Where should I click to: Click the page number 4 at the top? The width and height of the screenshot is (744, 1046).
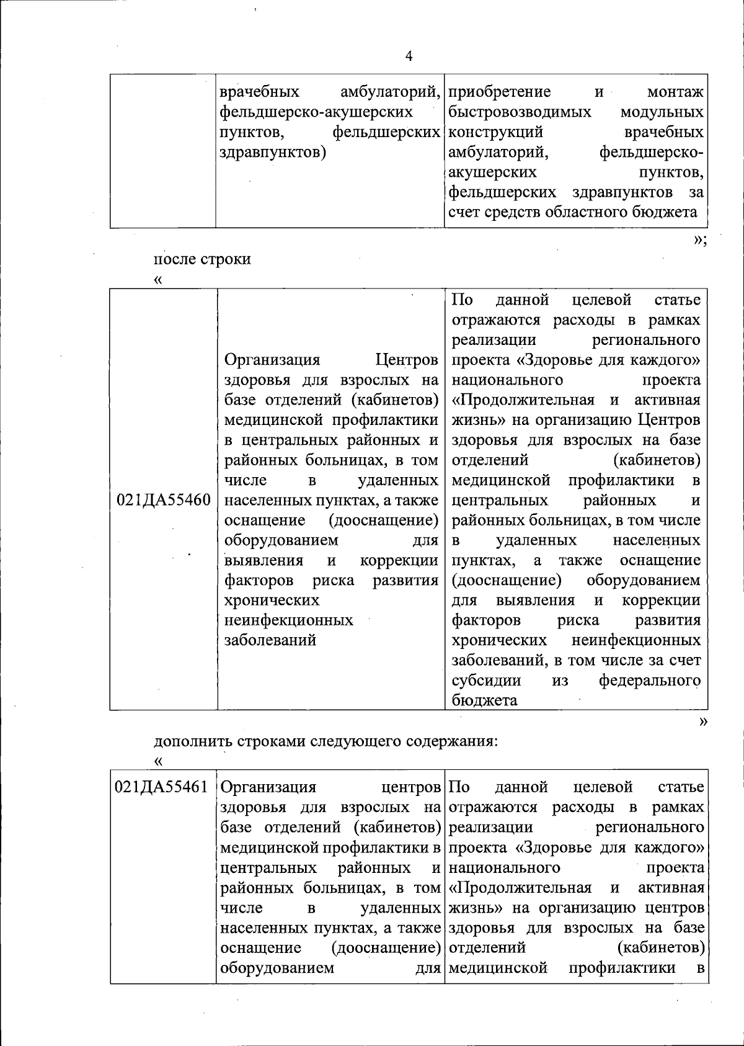pos(409,56)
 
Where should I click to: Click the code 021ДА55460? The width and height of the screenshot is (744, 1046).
pos(164,500)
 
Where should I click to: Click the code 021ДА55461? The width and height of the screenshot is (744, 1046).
pos(162,787)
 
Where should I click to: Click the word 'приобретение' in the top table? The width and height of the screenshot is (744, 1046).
pos(500,92)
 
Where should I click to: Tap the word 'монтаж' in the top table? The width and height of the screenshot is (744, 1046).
pos(675,92)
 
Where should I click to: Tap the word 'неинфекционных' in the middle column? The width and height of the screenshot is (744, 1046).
pos(288,620)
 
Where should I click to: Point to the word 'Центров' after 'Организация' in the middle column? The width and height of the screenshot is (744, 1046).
pos(407,360)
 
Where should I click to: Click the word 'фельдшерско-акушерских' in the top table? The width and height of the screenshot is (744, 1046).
pos(316,112)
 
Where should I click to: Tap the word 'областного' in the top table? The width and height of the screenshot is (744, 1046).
pos(586,212)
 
